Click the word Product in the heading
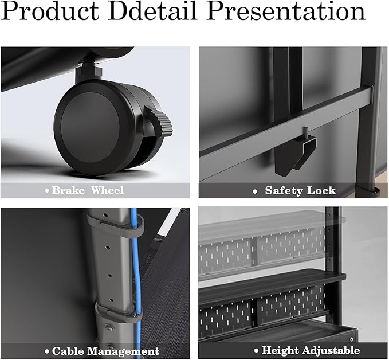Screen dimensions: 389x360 50,11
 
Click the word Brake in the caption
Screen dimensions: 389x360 68,190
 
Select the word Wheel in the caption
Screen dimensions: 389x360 107,190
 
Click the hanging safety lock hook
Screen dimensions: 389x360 295,154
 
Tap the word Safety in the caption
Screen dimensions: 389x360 284,191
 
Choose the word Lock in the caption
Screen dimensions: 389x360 321,191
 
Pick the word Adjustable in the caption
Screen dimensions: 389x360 331,351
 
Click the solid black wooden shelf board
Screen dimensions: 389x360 272,285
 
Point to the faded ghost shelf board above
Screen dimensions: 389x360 272,225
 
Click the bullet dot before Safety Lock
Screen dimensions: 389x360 255,191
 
